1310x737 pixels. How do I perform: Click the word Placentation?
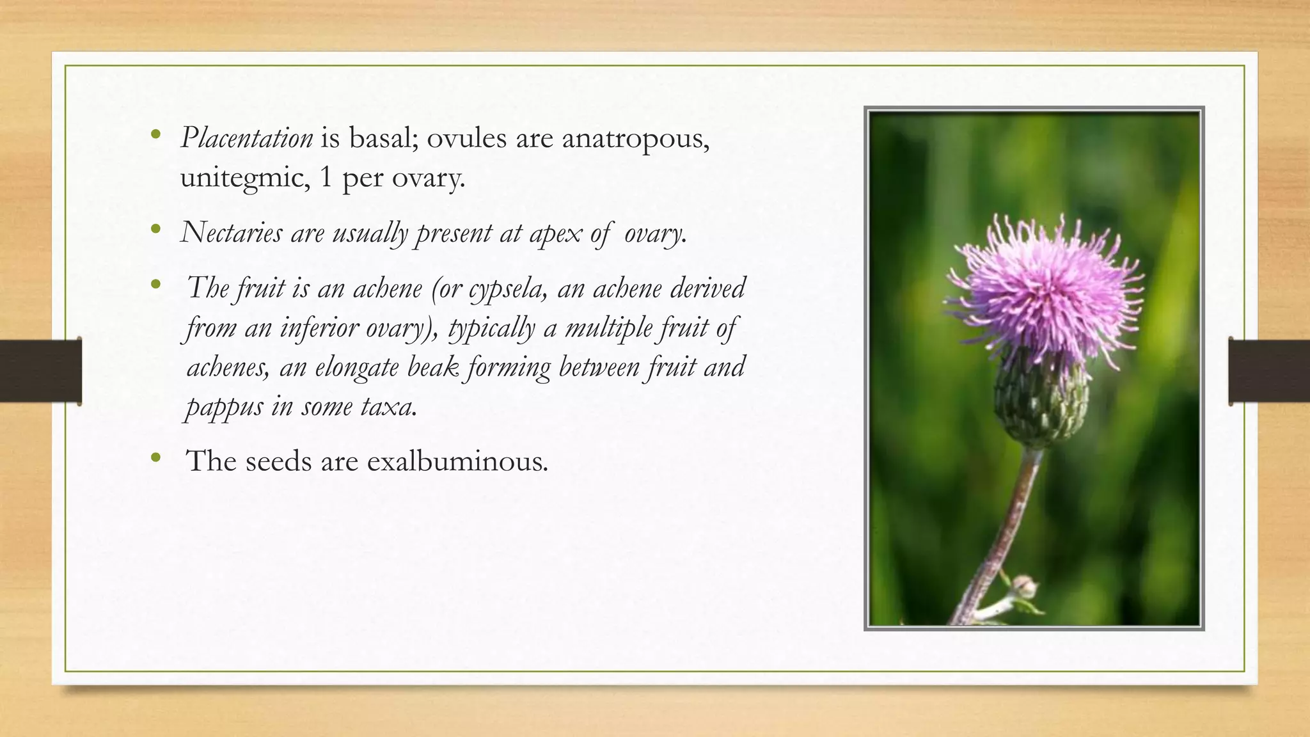(x=246, y=138)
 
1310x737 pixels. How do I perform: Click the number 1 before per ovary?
(x=326, y=177)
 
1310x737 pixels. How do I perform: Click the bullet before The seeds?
(x=155, y=458)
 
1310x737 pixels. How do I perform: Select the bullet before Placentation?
(x=155, y=134)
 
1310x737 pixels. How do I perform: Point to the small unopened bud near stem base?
(x=1024, y=586)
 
